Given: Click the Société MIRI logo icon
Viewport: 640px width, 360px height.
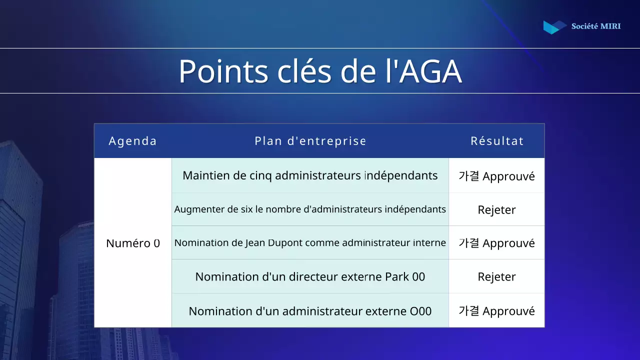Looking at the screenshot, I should (554, 27).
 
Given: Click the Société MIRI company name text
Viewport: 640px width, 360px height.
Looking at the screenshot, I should (596, 26).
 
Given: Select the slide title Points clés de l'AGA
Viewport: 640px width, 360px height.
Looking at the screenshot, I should (320, 71).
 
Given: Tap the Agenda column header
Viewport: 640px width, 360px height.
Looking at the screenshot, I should (133, 141).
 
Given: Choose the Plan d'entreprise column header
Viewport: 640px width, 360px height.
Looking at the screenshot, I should (310, 141).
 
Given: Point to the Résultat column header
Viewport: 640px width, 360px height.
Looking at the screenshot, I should (497, 141).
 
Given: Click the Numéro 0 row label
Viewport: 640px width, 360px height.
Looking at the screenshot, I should (133, 243).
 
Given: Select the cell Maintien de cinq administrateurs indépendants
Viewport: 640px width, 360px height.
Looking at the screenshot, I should (310, 175).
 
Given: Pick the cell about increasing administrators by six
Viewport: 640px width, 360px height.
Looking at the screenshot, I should (310, 209).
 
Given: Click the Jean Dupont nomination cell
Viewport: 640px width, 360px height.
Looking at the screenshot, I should (310, 243).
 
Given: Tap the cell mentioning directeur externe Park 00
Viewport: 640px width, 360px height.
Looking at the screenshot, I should (310, 276).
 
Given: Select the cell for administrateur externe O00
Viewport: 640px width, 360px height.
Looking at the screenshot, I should (310, 311).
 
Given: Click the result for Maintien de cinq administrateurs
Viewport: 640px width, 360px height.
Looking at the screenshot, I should (496, 176).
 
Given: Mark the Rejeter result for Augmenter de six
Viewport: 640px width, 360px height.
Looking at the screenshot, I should (496, 210).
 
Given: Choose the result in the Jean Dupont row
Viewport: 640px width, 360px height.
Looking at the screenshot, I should (496, 243).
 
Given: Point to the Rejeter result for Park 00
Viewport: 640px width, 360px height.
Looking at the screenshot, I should (496, 277).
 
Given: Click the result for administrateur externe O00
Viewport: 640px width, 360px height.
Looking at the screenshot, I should (496, 311).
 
